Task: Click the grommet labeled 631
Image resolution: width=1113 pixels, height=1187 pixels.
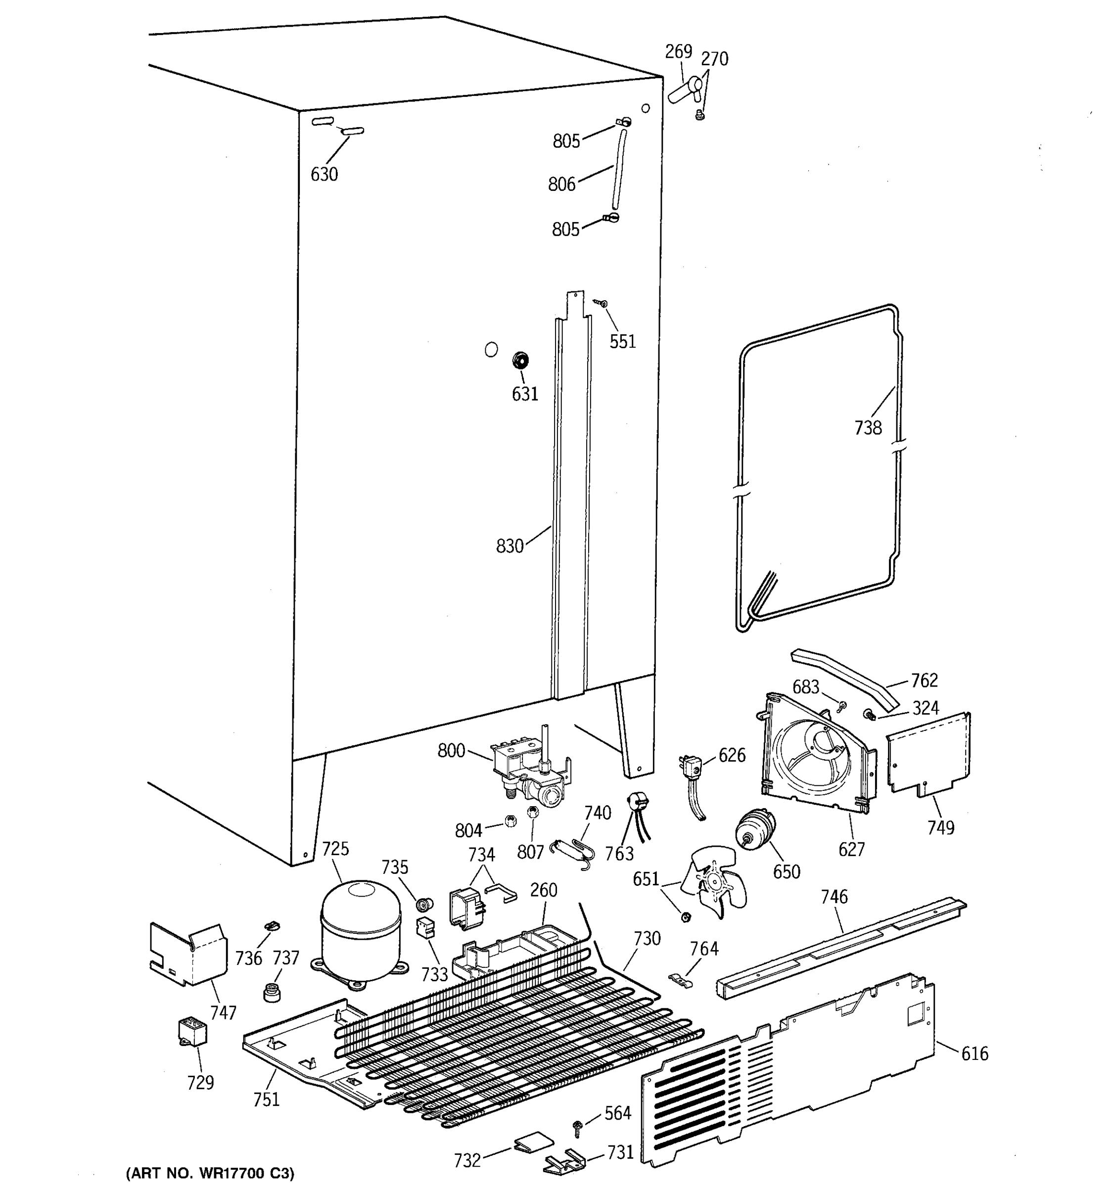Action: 521,361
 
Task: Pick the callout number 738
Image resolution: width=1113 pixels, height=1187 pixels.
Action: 868,427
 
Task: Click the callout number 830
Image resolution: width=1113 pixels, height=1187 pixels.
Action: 510,546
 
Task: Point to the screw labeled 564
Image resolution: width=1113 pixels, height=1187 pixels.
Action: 577,1126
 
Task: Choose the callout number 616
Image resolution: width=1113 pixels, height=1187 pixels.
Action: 974,1054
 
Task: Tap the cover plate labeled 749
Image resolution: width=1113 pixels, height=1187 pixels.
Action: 928,754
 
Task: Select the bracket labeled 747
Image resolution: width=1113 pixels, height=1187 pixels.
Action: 187,956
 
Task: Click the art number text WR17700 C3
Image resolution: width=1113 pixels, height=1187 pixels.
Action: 210,1174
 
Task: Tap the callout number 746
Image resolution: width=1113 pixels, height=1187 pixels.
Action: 834,896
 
